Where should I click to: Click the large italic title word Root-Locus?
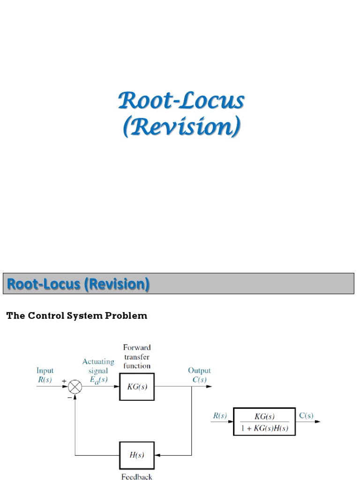pyautogui.click(x=180, y=101)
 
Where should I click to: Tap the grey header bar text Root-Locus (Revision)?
pyautogui.click(x=79, y=284)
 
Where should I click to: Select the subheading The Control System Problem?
pyautogui.click(x=76, y=315)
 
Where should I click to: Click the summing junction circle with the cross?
pyautogui.click(x=75, y=387)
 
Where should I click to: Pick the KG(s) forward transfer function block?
pyautogui.click(x=136, y=387)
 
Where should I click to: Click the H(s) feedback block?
pyautogui.click(x=136, y=455)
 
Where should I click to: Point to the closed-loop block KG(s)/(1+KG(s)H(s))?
pyautogui.click(x=264, y=421)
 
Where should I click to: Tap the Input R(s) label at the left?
pyautogui.click(x=45, y=375)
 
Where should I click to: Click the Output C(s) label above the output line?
pyautogui.click(x=200, y=375)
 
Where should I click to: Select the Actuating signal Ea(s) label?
pyautogui.click(x=98, y=370)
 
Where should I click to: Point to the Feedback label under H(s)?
pyautogui.click(x=136, y=477)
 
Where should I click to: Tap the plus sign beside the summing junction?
pyautogui.click(x=64, y=382)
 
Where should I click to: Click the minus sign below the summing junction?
pyautogui.click(x=69, y=397)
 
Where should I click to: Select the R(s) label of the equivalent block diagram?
pyautogui.click(x=220, y=415)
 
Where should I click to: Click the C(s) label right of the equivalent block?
pyautogui.click(x=307, y=415)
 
